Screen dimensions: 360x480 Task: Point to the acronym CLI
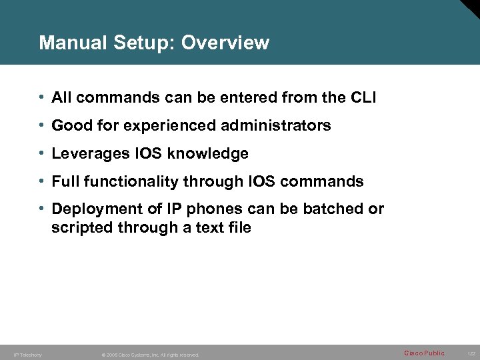coord(363,98)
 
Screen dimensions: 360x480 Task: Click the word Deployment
coord(95,209)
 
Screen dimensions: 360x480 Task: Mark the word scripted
coord(81,228)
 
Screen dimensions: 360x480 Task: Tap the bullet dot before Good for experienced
coord(42,125)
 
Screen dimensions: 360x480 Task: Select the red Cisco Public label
coord(424,353)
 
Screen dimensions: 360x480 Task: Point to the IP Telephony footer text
coord(28,355)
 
